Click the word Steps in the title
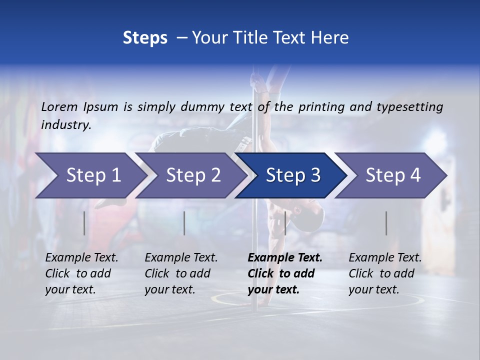pyautogui.click(x=145, y=38)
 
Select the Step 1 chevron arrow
pyautogui.click(x=90, y=175)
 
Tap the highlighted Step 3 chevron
pyautogui.click(x=292, y=175)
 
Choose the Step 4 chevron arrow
pyautogui.click(x=392, y=175)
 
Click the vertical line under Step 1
pyautogui.click(x=84, y=223)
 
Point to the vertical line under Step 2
pyautogui.click(x=184, y=223)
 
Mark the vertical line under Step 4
pyautogui.click(x=386, y=223)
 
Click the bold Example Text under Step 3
pyautogui.click(x=285, y=258)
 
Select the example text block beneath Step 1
pyautogui.click(x=81, y=273)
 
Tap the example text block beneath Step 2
pyautogui.click(x=181, y=273)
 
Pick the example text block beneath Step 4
pyautogui.click(x=385, y=273)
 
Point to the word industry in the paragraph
pyautogui.click(x=66, y=125)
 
